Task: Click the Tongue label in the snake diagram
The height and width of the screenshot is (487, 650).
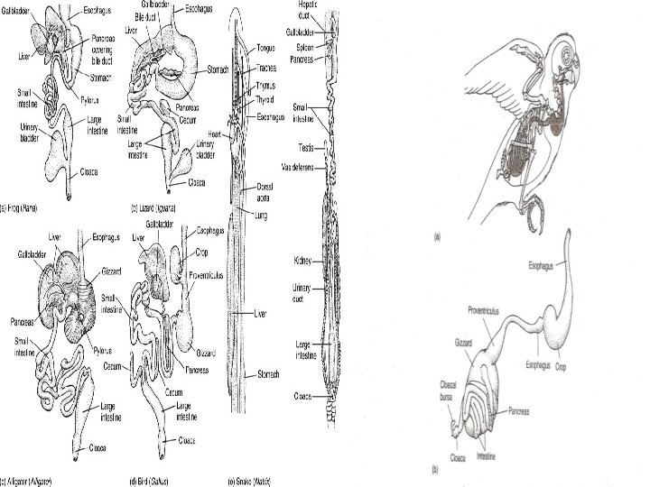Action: click(x=267, y=48)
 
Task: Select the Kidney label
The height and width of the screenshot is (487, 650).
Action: click(x=302, y=261)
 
